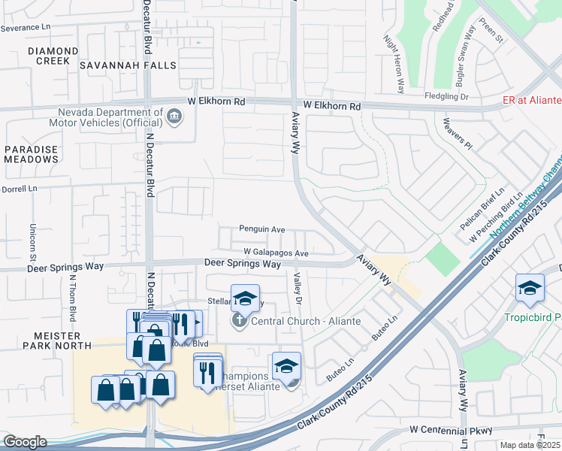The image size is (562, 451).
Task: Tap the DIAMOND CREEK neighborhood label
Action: tap(53, 51)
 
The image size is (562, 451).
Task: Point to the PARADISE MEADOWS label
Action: tap(31, 154)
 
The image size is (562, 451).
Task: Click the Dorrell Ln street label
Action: tap(19, 189)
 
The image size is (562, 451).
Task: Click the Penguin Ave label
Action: tap(262, 229)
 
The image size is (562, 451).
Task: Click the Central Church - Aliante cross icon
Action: tap(239, 322)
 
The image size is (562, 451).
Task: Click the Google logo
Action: tap(24, 442)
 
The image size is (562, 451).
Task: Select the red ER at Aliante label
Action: tap(532, 101)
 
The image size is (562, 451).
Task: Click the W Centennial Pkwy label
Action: tap(452, 430)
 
